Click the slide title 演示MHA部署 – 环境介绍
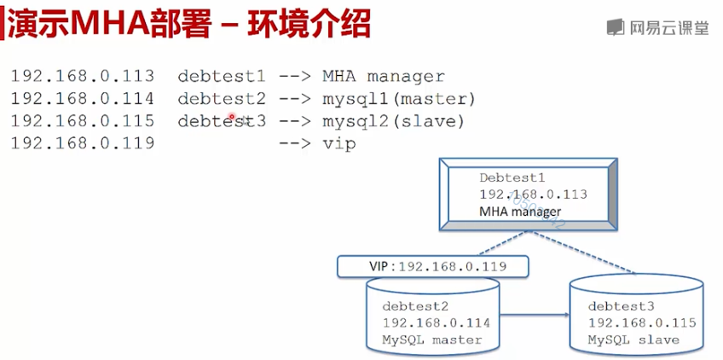click(x=189, y=24)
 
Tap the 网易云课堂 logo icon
click(x=615, y=27)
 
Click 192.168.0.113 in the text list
click(x=83, y=76)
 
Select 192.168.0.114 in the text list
click(x=83, y=98)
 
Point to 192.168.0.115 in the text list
click(x=83, y=121)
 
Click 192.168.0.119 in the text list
click(x=83, y=143)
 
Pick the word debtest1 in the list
click(x=222, y=76)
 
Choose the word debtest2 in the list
click(x=222, y=98)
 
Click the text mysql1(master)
click(x=399, y=99)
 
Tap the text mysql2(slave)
click(x=393, y=122)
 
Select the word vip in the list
click(x=339, y=144)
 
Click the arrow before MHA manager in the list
click(x=295, y=77)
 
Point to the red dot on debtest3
click(x=232, y=117)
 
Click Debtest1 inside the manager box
click(x=512, y=177)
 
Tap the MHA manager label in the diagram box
click(x=520, y=212)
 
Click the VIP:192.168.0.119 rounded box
click(x=432, y=266)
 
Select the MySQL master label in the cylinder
click(x=431, y=340)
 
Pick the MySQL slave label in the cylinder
click(x=633, y=340)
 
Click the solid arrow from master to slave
click(x=535, y=316)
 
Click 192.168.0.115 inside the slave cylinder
click(x=642, y=323)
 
